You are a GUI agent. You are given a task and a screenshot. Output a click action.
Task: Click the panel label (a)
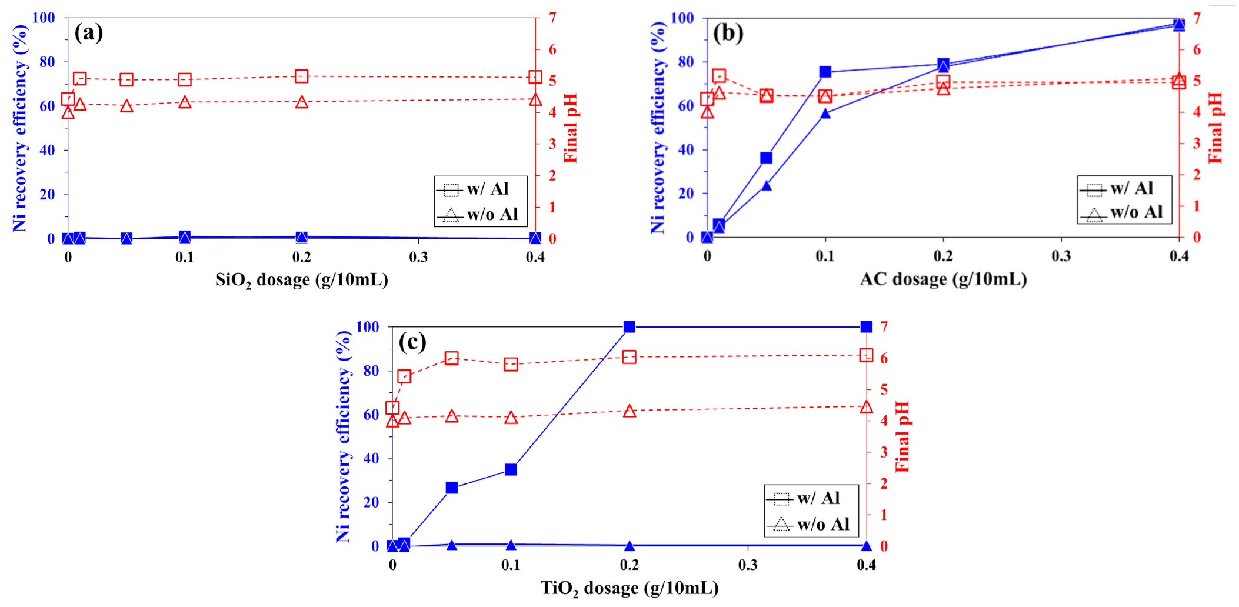pyautogui.click(x=88, y=32)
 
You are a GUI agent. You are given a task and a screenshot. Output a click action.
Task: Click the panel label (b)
pyautogui.click(x=728, y=32)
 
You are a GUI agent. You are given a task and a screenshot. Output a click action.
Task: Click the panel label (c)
pyautogui.click(x=412, y=341)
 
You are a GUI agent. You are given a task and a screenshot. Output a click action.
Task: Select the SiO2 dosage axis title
pyautogui.click(x=301, y=279)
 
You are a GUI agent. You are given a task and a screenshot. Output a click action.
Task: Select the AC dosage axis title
pyautogui.click(x=943, y=279)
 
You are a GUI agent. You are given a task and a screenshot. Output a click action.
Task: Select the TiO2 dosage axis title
pyautogui.click(x=630, y=588)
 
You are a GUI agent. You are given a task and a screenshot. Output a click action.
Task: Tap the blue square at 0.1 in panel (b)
pyautogui.click(x=825, y=72)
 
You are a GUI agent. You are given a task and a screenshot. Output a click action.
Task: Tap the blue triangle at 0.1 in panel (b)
pyautogui.click(x=825, y=114)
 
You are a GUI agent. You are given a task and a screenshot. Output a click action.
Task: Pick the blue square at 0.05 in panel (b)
pyautogui.click(x=766, y=158)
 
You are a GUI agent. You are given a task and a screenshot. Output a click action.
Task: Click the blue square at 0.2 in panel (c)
pyautogui.click(x=630, y=326)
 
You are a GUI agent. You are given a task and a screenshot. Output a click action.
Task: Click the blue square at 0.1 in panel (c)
pyautogui.click(x=511, y=469)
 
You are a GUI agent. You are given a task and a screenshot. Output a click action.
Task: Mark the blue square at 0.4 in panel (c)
pyautogui.click(x=866, y=326)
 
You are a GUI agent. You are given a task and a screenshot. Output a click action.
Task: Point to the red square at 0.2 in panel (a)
pyautogui.click(x=302, y=76)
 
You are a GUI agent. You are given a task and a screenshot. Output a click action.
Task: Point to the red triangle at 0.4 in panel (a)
pyautogui.click(x=535, y=99)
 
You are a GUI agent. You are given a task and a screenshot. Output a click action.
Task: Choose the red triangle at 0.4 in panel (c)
pyautogui.click(x=866, y=407)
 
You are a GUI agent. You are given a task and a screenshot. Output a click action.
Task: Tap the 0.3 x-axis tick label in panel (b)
pyautogui.click(x=1061, y=256)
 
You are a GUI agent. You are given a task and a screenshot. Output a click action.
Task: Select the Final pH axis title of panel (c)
pyautogui.click(x=902, y=436)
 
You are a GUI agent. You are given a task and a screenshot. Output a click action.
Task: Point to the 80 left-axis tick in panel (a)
pyautogui.click(x=47, y=62)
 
